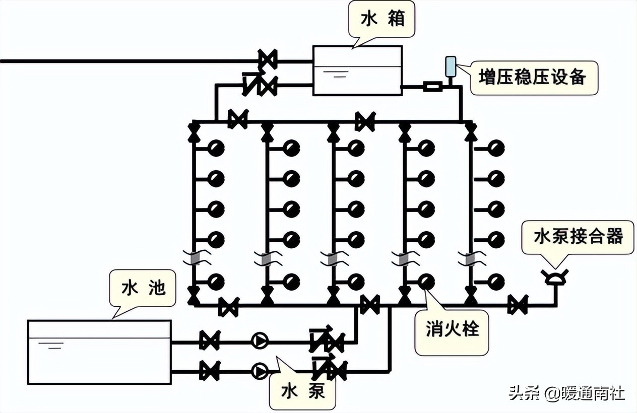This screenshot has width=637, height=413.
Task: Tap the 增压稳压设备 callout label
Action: [x=534, y=78]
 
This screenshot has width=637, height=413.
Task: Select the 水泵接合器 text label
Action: [x=579, y=236]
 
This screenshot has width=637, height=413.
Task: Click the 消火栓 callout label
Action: [x=452, y=330]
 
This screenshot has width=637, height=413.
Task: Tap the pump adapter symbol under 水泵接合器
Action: [x=555, y=277]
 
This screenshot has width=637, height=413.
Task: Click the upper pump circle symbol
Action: [x=260, y=341]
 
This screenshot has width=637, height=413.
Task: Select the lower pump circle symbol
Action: [x=260, y=372]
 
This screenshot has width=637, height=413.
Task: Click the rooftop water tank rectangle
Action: [x=357, y=71]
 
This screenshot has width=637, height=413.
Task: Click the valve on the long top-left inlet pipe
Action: [x=267, y=60]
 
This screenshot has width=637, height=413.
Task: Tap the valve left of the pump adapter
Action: [x=517, y=305]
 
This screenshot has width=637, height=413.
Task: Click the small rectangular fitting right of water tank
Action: [x=432, y=87]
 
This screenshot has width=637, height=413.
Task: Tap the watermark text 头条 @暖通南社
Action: [x=567, y=392]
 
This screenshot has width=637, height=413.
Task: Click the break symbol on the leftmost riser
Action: [x=193, y=258]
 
